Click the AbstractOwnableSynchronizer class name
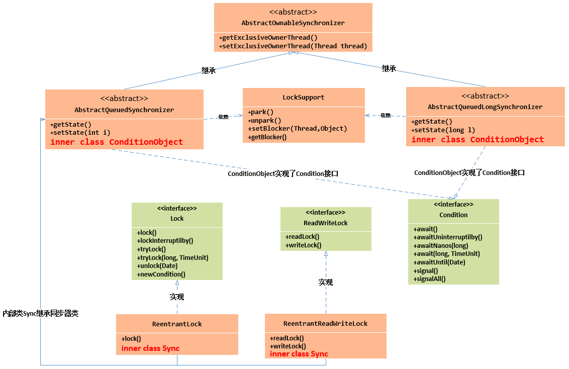pyautogui.click(x=293, y=23)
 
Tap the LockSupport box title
pyautogui.click(x=304, y=98)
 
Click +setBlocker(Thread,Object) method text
pyautogui.click(x=298, y=128)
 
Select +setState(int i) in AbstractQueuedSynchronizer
pyautogui.click(x=80, y=133)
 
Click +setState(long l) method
pyautogui.click(x=443, y=130)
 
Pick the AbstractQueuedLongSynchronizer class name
pyautogui.click(x=485, y=107)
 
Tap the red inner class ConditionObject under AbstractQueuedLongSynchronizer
pyautogui.click(x=478, y=140)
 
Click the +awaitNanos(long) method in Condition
pyautogui.click(x=441, y=245)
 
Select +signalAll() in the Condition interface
pyautogui.click(x=430, y=279)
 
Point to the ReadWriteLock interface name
pyautogui.click(x=325, y=223)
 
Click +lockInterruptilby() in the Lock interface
pyautogui.click(x=165, y=241)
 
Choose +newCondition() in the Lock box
pyautogui.click(x=161, y=274)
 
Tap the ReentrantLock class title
pyautogui.click(x=177, y=324)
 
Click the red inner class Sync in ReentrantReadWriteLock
pyautogui.click(x=299, y=354)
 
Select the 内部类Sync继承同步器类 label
pyautogui.click(x=40, y=313)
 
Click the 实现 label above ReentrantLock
pyautogui.click(x=177, y=297)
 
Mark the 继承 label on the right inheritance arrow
pyautogui.click(x=389, y=69)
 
